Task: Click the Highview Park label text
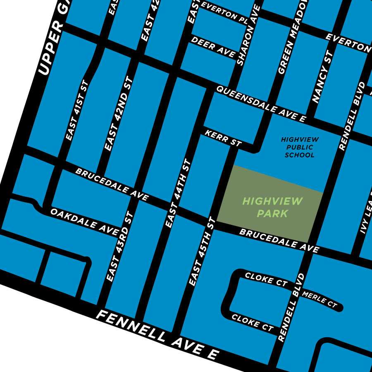[x=272, y=207]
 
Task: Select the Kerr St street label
[x=223, y=138]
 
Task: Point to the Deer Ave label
[x=213, y=46]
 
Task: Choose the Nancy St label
[x=323, y=77]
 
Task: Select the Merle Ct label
[x=320, y=299]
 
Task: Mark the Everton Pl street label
[x=225, y=13]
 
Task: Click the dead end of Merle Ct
[x=340, y=308]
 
